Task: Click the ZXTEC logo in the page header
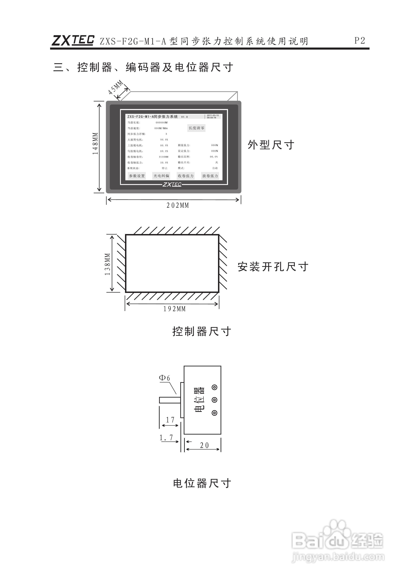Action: point(73,40)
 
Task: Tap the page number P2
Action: point(360,40)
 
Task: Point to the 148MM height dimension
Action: point(95,143)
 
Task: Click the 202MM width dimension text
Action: point(178,205)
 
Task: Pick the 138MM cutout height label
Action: point(108,264)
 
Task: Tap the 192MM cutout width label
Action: point(174,309)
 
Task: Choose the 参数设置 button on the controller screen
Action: point(137,176)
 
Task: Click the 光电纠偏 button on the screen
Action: point(161,176)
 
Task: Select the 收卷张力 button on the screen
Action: point(186,176)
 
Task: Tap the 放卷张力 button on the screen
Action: point(210,176)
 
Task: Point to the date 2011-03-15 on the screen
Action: point(213,115)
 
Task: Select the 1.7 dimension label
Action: point(166,438)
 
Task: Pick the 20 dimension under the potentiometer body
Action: point(204,445)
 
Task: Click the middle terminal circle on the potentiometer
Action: point(214,400)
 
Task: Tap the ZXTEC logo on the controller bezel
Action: point(172,184)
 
